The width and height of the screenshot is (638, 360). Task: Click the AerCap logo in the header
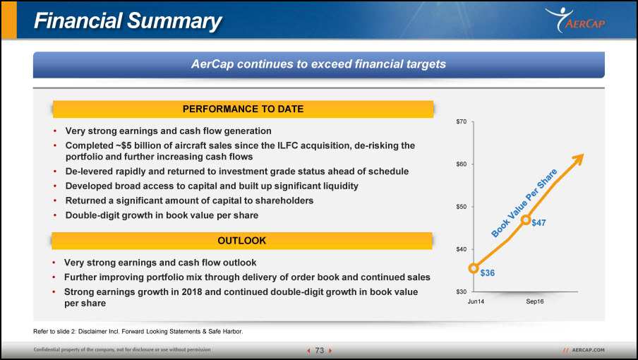(x=575, y=20)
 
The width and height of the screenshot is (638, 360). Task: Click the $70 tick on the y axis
(x=461, y=121)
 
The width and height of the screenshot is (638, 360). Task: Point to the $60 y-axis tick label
(x=461, y=164)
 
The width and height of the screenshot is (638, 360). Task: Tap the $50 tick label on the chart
(x=461, y=207)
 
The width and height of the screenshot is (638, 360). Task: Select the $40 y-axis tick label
(x=461, y=249)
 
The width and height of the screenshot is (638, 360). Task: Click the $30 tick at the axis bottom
(x=461, y=292)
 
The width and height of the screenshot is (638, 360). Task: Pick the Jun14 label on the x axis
(x=476, y=301)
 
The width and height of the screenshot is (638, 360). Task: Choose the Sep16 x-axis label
(x=535, y=301)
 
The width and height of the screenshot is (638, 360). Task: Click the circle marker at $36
(x=474, y=268)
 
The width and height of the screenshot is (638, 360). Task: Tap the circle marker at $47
(x=526, y=220)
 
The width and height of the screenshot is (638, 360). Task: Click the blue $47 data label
(x=538, y=223)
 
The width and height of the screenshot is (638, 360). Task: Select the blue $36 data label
(x=488, y=273)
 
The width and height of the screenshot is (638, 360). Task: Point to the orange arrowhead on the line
(x=578, y=159)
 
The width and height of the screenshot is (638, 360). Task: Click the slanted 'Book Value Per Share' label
(x=524, y=203)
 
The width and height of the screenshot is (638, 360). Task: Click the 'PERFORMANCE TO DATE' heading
(x=243, y=109)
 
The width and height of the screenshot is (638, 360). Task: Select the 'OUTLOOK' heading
(x=241, y=241)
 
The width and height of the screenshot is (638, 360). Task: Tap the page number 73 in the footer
(x=320, y=351)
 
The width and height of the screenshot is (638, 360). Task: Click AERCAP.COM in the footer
(x=588, y=350)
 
